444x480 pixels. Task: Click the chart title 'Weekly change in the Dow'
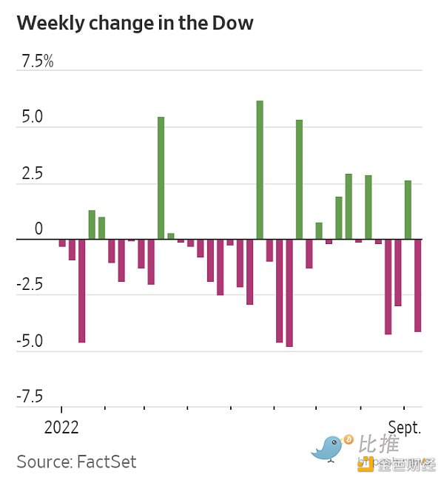[135, 23]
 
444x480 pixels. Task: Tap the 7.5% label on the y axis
[38, 62]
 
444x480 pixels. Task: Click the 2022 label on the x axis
[62, 427]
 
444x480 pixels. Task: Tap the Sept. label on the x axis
[406, 427]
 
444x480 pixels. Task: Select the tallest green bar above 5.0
[260, 170]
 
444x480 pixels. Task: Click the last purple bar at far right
[417, 285]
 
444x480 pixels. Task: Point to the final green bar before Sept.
[408, 210]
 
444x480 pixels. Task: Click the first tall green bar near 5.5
[161, 178]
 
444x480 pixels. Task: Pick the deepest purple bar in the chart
[289, 293]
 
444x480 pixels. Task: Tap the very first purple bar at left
[62, 243]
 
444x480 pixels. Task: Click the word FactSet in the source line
[107, 462]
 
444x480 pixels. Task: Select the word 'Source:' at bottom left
[44, 462]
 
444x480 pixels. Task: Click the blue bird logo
[332, 447]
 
